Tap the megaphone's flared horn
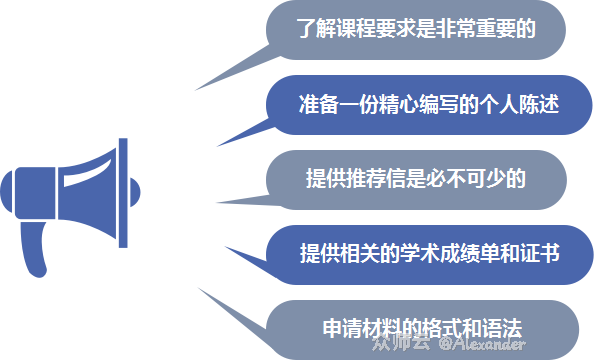click(x=85, y=190)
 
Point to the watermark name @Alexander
click(x=485, y=345)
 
